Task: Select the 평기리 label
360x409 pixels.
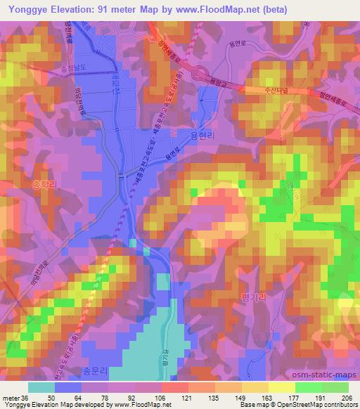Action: point(254,297)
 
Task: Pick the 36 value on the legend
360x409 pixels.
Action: point(26,397)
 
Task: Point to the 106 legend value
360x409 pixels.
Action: point(162,397)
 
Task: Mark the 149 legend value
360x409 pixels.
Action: point(242,397)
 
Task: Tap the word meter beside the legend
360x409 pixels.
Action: point(11,397)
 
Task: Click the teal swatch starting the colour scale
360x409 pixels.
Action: point(41,387)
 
